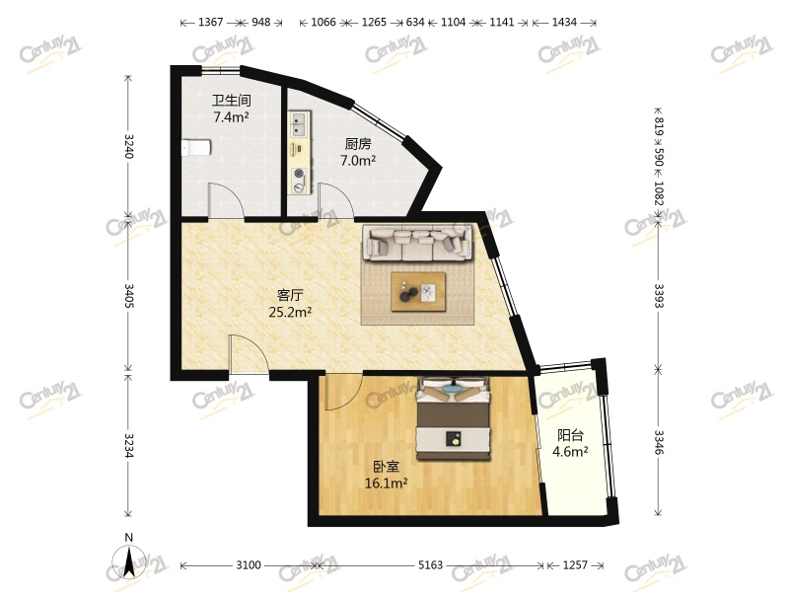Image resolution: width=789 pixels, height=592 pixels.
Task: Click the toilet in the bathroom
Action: pyautogui.click(x=196, y=148)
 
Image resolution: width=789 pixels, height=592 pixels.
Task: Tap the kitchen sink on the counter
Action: pyautogui.click(x=299, y=124)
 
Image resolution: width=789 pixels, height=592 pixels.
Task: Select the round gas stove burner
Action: pyautogui.click(x=300, y=174)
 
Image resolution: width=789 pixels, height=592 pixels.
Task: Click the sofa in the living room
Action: pyautogui.click(x=418, y=243)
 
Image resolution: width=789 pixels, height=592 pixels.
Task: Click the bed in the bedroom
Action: pyautogui.click(x=453, y=418)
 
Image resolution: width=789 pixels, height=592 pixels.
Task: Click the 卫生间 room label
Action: pyautogui.click(x=232, y=101)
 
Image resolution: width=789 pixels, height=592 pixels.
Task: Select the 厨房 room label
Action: pyautogui.click(x=358, y=144)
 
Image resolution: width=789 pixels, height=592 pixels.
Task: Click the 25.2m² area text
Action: pyautogui.click(x=290, y=312)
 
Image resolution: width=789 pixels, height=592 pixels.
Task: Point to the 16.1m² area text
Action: pyautogui.click(x=386, y=483)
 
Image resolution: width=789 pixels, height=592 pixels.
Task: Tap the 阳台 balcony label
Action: pyautogui.click(x=571, y=435)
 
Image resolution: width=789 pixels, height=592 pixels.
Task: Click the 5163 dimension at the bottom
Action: pyautogui.click(x=431, y=565)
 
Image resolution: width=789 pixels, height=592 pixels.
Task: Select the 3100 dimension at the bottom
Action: pyautogui.click(x=249, y=565)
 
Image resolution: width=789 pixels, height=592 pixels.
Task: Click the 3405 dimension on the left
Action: pyautogui.click(x=129, y=295)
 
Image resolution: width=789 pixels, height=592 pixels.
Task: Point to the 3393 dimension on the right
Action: pyautogui.click(x=659, y=295)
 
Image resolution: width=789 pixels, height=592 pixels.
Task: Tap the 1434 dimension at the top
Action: pyautogui.click(x=564, y=22)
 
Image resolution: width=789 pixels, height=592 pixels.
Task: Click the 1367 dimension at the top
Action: pyautogui.click(x=210, y=22)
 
